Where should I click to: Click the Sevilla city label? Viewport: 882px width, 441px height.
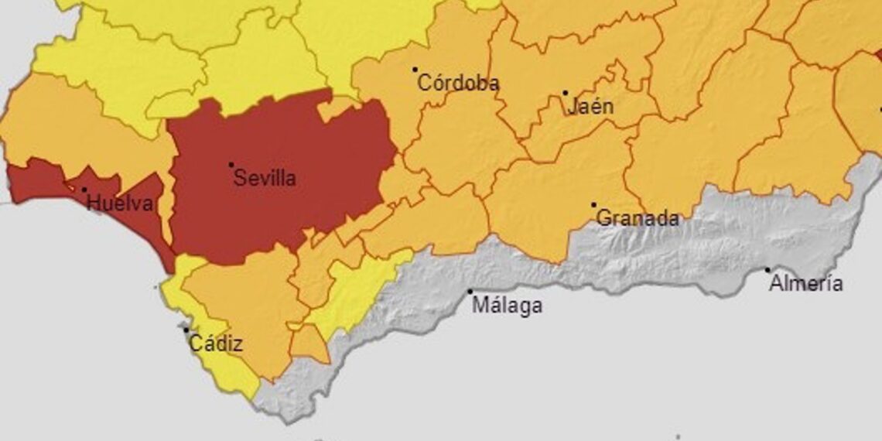click(265, 179)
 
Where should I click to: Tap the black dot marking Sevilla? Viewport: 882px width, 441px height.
click(231, 165)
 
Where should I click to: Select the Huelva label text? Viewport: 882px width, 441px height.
click(120, 204)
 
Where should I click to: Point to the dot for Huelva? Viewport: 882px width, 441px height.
click(84, 190)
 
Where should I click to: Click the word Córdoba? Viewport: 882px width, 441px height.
click(458, 84)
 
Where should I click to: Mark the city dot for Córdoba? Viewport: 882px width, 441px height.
click(415, 70)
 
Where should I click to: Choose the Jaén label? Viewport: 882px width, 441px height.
click(590, 107)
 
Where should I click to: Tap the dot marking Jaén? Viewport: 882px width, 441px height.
click(565, 93)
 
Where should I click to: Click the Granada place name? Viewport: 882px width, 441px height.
click(638, 219)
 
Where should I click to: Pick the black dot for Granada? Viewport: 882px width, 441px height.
click(593, 205)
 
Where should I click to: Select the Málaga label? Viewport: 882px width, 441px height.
click(507, 306)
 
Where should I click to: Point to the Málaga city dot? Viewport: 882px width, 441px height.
click(470, 292)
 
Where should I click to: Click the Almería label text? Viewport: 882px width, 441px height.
click(805, 284)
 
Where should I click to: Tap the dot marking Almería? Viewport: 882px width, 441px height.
click(767, 270)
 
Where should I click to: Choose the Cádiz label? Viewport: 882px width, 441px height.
click(216, 344)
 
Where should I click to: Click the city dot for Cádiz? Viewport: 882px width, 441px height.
click(186, 330)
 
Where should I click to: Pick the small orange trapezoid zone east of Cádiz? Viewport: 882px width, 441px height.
click(309, 344)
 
